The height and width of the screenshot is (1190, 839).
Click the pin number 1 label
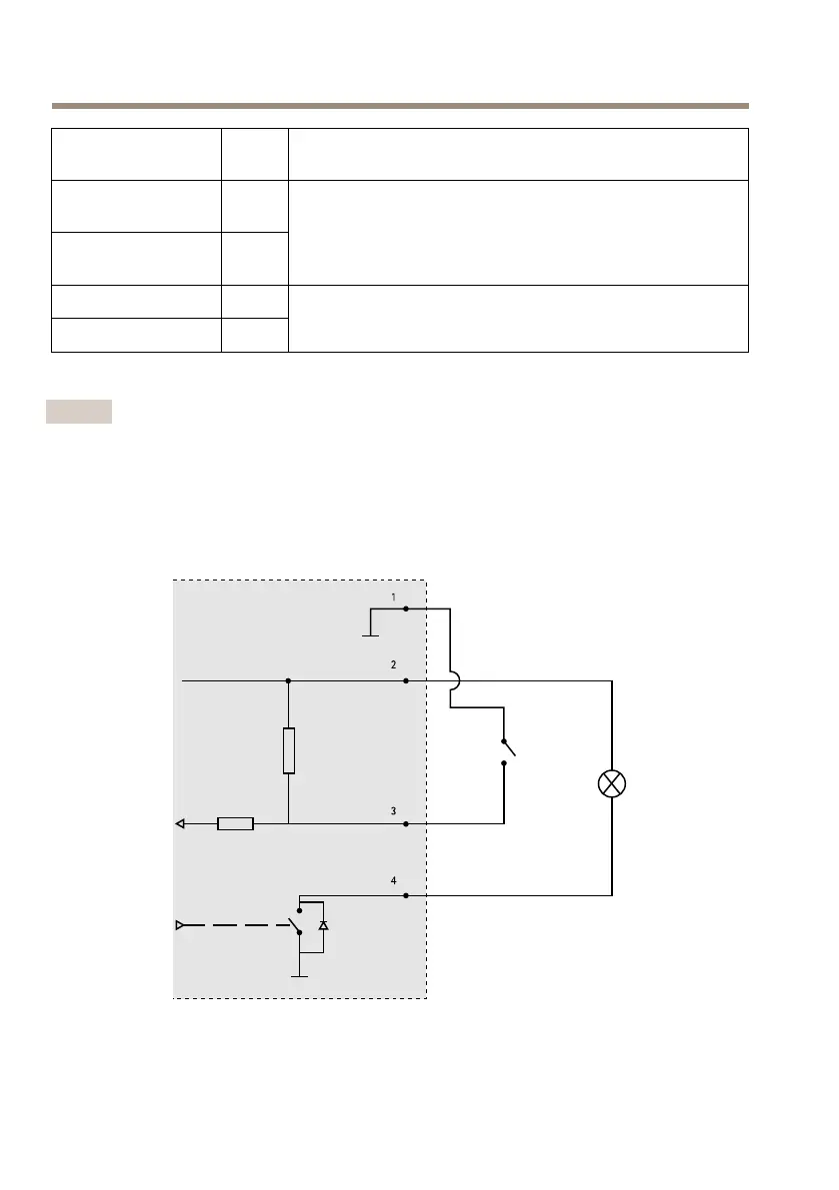pos(393,597)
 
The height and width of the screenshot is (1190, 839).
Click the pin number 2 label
pos(393,664)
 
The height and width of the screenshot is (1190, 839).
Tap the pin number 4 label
pos(393,881)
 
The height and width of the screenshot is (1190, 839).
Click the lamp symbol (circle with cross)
pos(612,783)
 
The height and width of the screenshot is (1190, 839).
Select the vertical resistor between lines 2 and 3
pos(288,751)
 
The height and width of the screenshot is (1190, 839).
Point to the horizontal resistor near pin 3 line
pos(235,824)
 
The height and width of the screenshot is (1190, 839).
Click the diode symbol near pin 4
pos(322,926)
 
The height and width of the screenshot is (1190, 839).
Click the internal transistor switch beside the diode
pos(297,921)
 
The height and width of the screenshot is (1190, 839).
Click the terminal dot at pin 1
pos(405,607)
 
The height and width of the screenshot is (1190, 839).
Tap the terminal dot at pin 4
pos(405,896)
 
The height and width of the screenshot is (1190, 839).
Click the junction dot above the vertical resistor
pos(288,681)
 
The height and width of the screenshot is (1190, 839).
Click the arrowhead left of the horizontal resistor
pos(181,824)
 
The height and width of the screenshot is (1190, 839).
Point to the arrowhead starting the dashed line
pos(180,926)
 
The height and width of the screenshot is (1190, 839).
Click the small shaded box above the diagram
pos(79,412)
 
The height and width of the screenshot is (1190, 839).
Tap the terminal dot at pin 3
pos(405,824)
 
